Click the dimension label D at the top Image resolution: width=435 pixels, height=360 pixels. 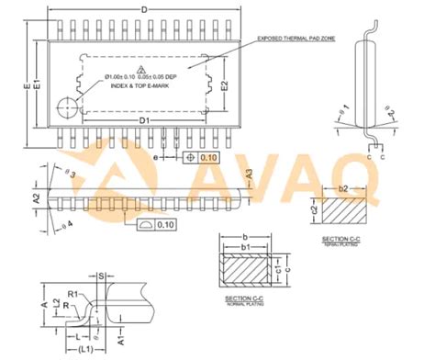(x=144, y=9)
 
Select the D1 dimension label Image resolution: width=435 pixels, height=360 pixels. (x=144, y=120)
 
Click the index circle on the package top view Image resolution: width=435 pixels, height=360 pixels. (x=67, y=106)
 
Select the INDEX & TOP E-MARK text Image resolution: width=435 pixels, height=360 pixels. (x=145, y=85)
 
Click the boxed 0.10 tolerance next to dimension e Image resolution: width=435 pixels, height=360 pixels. (x=208, y=158)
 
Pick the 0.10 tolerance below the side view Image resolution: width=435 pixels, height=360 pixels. (x=165, y=224)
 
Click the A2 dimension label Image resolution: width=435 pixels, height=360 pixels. (x=37, y=197)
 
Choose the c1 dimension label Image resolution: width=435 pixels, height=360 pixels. (x=280, y=269)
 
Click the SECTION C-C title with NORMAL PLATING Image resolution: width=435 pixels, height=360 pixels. (x=245, y=300)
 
